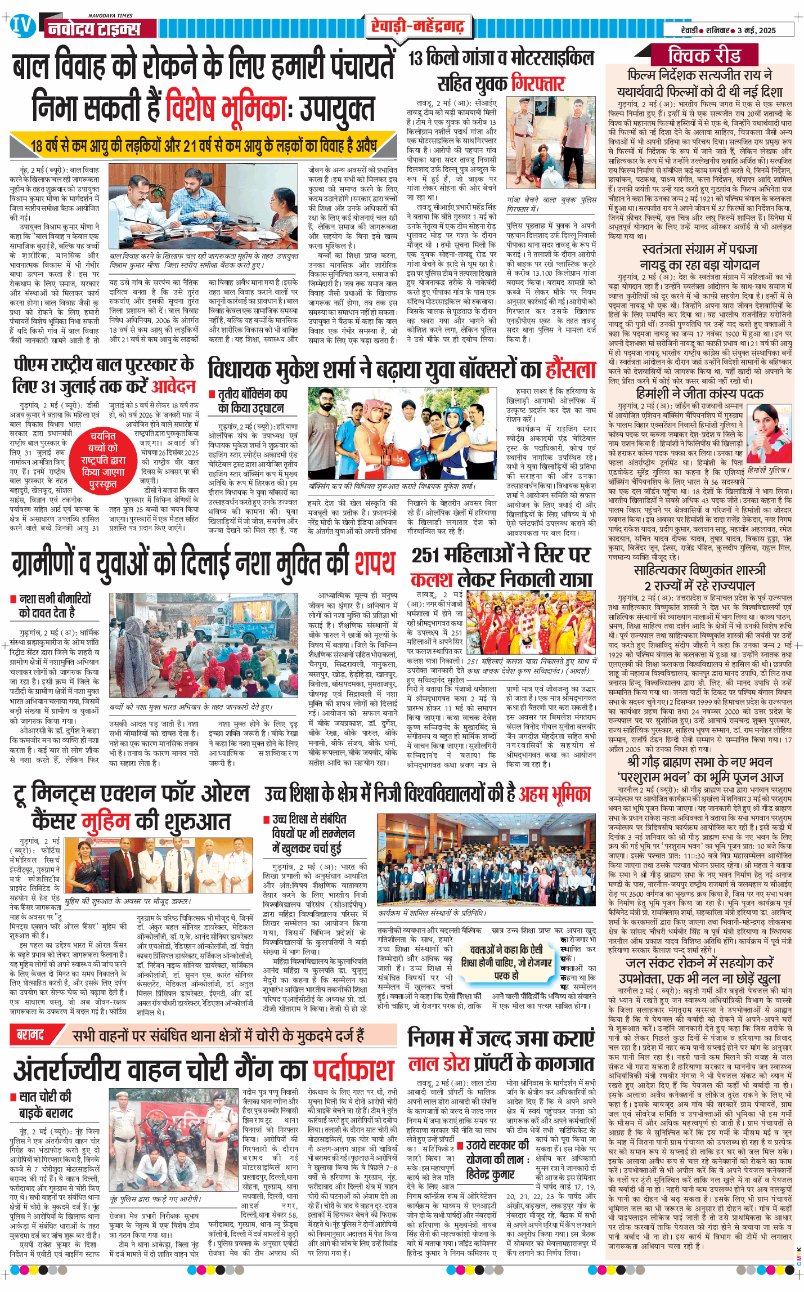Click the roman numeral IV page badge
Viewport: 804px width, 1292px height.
pyautogui.click(x=23, y=27)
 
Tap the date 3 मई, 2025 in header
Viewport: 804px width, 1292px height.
pyautogui.click(x=757, y=30)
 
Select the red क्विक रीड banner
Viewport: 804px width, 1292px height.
pyautogui.click(x=704, y=56)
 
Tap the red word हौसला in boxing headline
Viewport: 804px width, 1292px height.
pyautogui.click(x=571, y=369)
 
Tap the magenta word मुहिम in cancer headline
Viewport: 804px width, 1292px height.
pyautogui.click(x=106, y=821)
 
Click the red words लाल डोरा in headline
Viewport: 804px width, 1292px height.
pyautogui.click(x=439, y=1063)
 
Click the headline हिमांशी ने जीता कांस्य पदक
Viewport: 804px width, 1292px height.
pyautogui.click(x=699, y=394)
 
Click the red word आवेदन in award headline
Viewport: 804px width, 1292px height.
pyautogui.click(x=174, y=387)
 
